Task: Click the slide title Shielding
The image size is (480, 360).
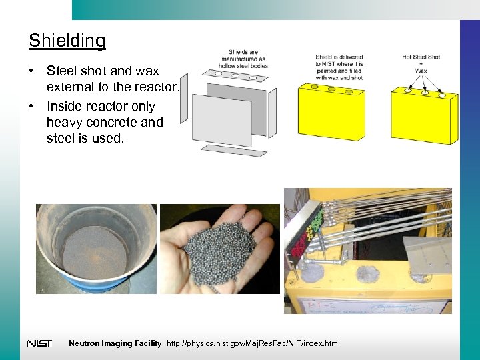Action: [x=67, y=41]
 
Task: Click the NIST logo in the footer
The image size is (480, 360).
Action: [x=39, y=343]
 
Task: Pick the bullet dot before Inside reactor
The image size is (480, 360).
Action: [x=32, y=107]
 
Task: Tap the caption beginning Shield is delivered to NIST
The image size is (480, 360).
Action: [x=339, y=67]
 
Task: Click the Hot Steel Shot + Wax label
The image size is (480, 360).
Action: [x=421, y=63]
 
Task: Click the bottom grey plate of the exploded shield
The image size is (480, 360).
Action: [x=235, y=150]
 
